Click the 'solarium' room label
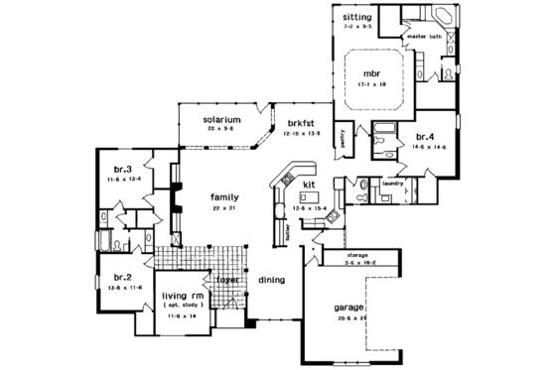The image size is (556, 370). tap(224, 120)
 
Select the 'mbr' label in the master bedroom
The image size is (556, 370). tap(372, 73)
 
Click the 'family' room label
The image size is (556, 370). tap(225, 198)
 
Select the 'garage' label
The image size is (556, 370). tap(349, 308)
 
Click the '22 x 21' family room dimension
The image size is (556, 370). tap(225, 210)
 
